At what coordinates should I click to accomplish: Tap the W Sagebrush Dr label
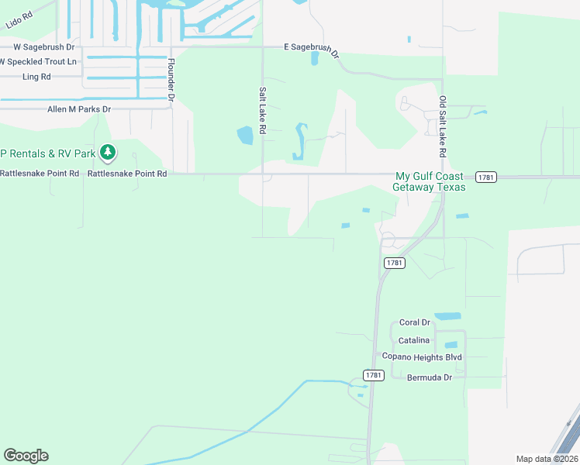click(x=36, y=46)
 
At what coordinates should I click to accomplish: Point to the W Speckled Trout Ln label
click(x=38, y=61)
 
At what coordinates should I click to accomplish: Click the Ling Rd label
click(x=36, y=77)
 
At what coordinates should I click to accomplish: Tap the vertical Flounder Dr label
click(x=171, y=81)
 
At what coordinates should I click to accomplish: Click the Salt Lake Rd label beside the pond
click(x=262, y=112)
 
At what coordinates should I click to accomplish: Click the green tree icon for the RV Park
click(x=109, y=153)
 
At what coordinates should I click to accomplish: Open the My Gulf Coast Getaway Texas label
click(x=430, y=181)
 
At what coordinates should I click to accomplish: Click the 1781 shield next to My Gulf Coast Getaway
click(x=486, y=177)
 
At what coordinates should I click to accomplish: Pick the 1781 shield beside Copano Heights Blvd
click(x=374, y=375)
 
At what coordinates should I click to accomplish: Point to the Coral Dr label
click(x=414, y=322)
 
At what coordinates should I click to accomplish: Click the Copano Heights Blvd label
click(x=422, y=356)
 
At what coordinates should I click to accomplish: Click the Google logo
click(x=26, y=456)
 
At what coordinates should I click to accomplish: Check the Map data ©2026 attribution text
click(x=547, y=459)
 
